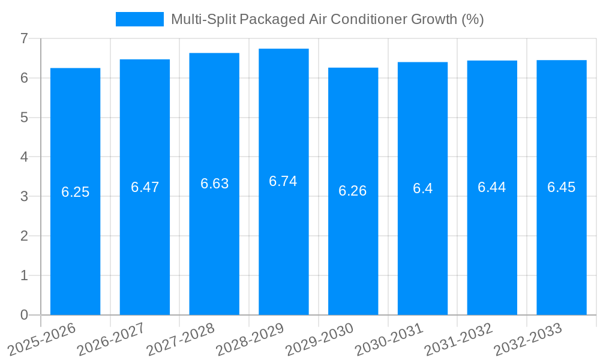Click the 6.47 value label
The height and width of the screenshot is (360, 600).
145,187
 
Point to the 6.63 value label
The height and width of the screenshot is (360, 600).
215,184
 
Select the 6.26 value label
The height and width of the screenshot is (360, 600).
353,191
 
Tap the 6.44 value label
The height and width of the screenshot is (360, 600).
492,187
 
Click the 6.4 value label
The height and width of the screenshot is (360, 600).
422,188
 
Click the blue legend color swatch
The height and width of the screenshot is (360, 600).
139,19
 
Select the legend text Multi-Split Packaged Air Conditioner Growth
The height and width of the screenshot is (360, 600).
327,19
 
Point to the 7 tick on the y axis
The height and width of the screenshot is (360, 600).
24,38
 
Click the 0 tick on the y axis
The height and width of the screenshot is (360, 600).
24,315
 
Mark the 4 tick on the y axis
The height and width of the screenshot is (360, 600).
24,157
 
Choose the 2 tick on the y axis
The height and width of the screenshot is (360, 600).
24,236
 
